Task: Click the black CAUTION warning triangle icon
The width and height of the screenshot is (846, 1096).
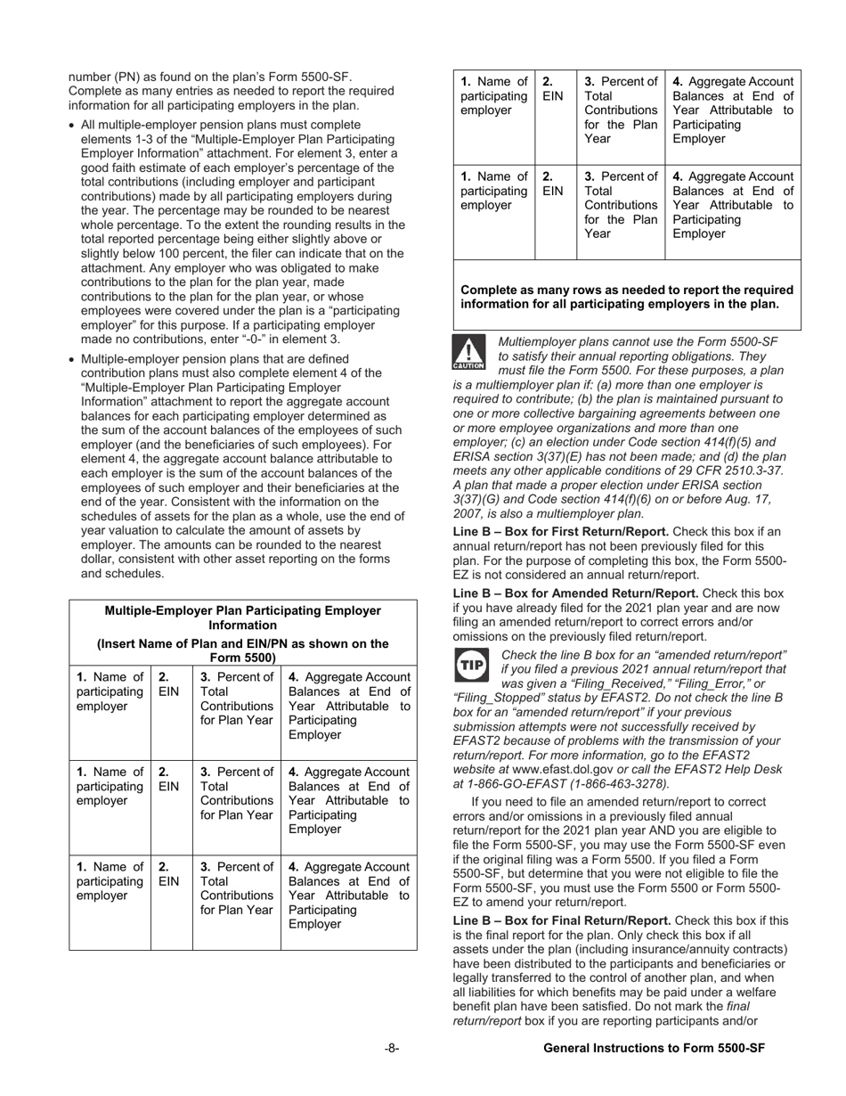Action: coord(468,353)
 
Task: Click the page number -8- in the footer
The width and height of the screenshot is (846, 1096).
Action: coord(392,1049)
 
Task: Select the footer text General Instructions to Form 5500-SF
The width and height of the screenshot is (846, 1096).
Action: coord(654,1049)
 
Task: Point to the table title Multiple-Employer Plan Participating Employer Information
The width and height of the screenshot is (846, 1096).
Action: coord(242,618)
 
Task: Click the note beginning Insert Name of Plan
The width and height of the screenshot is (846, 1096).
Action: coord(242,650)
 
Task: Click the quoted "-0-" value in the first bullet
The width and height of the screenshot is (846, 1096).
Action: coord(266,339)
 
